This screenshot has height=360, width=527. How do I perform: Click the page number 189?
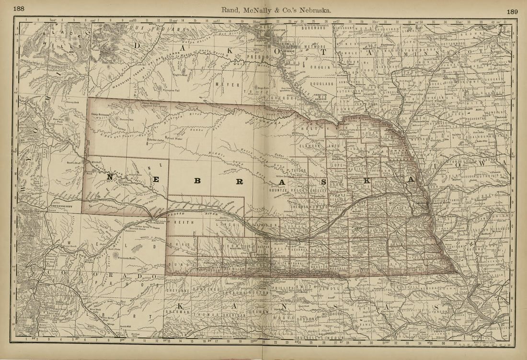click(512, 11)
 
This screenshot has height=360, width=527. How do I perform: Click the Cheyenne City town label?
click(61, 206)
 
